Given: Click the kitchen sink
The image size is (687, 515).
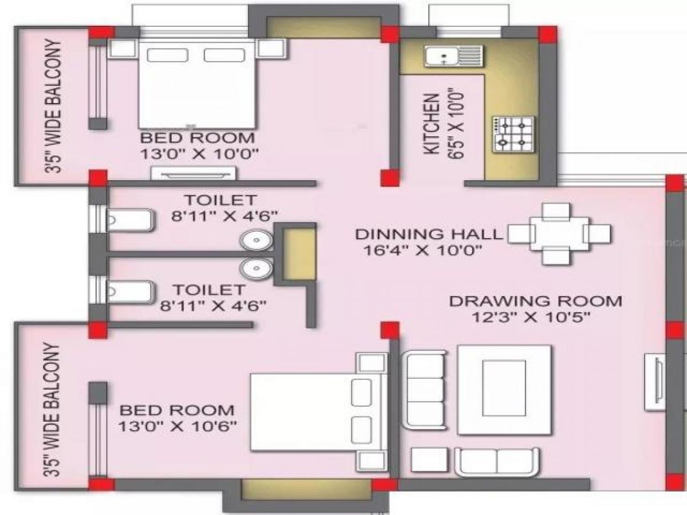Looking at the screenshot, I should (453, 56).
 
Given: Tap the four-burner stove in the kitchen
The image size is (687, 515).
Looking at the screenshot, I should (513, 134).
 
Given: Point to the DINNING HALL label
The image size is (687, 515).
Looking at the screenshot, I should (429, 234).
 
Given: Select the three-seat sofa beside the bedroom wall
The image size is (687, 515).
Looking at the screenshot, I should (424, 389).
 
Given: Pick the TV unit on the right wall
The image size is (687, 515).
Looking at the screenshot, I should (654, 382).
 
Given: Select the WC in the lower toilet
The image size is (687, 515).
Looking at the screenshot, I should (129, 291).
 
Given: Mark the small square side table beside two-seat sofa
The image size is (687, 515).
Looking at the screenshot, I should (429, 461).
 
